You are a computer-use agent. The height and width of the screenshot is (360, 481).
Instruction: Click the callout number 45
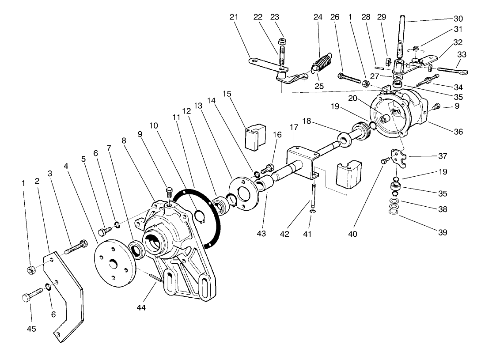pos(31,329)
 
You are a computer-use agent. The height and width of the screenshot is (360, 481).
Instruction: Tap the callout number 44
pos(141,307)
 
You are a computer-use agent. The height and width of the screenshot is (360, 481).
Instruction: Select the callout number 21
pos(234,17)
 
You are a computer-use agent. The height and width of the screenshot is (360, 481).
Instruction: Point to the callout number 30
pos(458,19)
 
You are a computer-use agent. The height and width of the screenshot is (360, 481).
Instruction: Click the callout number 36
pos(458,132)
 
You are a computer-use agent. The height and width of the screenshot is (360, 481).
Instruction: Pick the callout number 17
pos(294,127)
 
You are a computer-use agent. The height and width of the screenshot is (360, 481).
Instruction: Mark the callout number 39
pos(442,232)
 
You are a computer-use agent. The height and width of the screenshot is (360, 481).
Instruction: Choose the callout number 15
pos(227,94)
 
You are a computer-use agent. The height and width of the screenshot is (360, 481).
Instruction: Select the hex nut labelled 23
pos(282,41)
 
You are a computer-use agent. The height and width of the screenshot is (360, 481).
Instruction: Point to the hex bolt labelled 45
pos(33,294)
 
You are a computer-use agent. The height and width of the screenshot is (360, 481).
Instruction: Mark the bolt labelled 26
pos(349,78)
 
